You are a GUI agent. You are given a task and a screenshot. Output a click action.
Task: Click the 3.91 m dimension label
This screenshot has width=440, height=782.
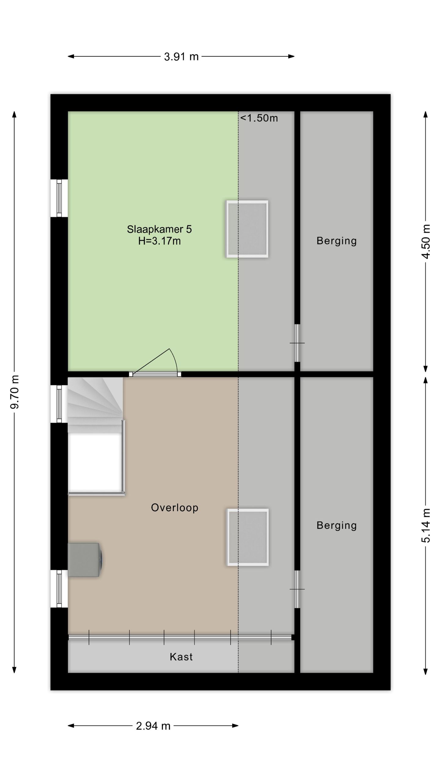(x=181, y=57)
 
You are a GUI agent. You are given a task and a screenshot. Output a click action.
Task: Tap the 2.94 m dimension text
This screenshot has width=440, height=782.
(x=153, y=725)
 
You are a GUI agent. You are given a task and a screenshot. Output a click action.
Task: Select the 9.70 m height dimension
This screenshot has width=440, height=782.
(x=15, y=392)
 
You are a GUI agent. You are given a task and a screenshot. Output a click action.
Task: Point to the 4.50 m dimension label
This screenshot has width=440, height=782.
(x=426, y=241)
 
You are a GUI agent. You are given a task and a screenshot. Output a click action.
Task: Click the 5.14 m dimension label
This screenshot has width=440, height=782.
(x=426, y=525)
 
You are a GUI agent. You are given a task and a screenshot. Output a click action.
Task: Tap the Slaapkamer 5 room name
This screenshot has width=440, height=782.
(x=159, y=229)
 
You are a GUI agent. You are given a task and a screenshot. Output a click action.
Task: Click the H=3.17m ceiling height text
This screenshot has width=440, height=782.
(x=159, y=241)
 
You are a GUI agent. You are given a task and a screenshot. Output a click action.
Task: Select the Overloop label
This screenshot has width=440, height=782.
(x=175, y=507)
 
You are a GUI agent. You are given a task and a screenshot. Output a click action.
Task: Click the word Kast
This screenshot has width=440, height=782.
(x=181, y=656)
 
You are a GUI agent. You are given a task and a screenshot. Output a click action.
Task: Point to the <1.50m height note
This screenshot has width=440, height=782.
(x=259, y=118)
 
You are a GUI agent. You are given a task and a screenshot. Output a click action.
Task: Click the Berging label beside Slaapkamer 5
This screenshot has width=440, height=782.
(x=337, y=241)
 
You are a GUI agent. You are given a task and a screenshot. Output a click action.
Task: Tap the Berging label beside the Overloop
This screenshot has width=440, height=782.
(x=337, y=525)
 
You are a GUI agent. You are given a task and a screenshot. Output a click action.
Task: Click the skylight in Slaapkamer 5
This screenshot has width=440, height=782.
(x=247, y=229)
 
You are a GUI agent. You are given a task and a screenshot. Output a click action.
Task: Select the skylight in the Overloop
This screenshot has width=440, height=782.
(x=248, y=537)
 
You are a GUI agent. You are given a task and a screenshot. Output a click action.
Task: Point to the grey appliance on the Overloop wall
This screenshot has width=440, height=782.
(x=85, y=560)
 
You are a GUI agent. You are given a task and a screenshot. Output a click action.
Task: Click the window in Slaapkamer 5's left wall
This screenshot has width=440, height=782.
(x=59, y=198)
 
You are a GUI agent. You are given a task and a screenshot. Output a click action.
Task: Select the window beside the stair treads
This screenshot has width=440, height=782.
(x=59, y=404)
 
